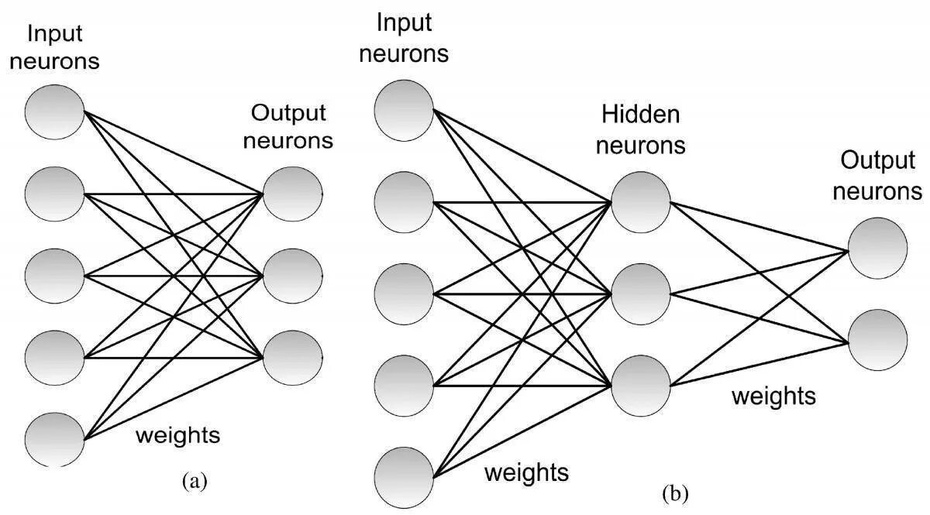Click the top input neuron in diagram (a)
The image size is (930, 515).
pos(55,112)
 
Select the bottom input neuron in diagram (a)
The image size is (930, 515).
pos(55,440)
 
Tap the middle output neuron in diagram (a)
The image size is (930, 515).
pos(293,276)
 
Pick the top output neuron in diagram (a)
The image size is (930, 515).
pos(293,194)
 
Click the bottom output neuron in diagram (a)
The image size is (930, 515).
pos(293,358)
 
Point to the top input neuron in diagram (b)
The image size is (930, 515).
pos(404,111)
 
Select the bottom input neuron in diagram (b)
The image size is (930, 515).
pos(404,478)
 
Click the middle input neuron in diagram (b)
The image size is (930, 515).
pos(404,294)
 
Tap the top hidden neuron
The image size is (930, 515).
pos(641,202)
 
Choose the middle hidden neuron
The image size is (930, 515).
pos(641,294)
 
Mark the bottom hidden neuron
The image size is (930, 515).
pos(641,386)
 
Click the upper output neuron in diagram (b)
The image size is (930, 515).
pos(877,248)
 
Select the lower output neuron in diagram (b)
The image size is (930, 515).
pos(877,340)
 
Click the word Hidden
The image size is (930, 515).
pos(641,115)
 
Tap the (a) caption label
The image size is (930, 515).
pos(195,482)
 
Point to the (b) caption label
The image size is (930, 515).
pos(676,494)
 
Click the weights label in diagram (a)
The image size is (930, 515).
pos(178,436)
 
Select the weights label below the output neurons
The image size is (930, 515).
pos(774,397)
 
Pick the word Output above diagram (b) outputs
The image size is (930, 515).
pos(878,161)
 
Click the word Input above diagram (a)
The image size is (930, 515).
pos(55,34)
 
